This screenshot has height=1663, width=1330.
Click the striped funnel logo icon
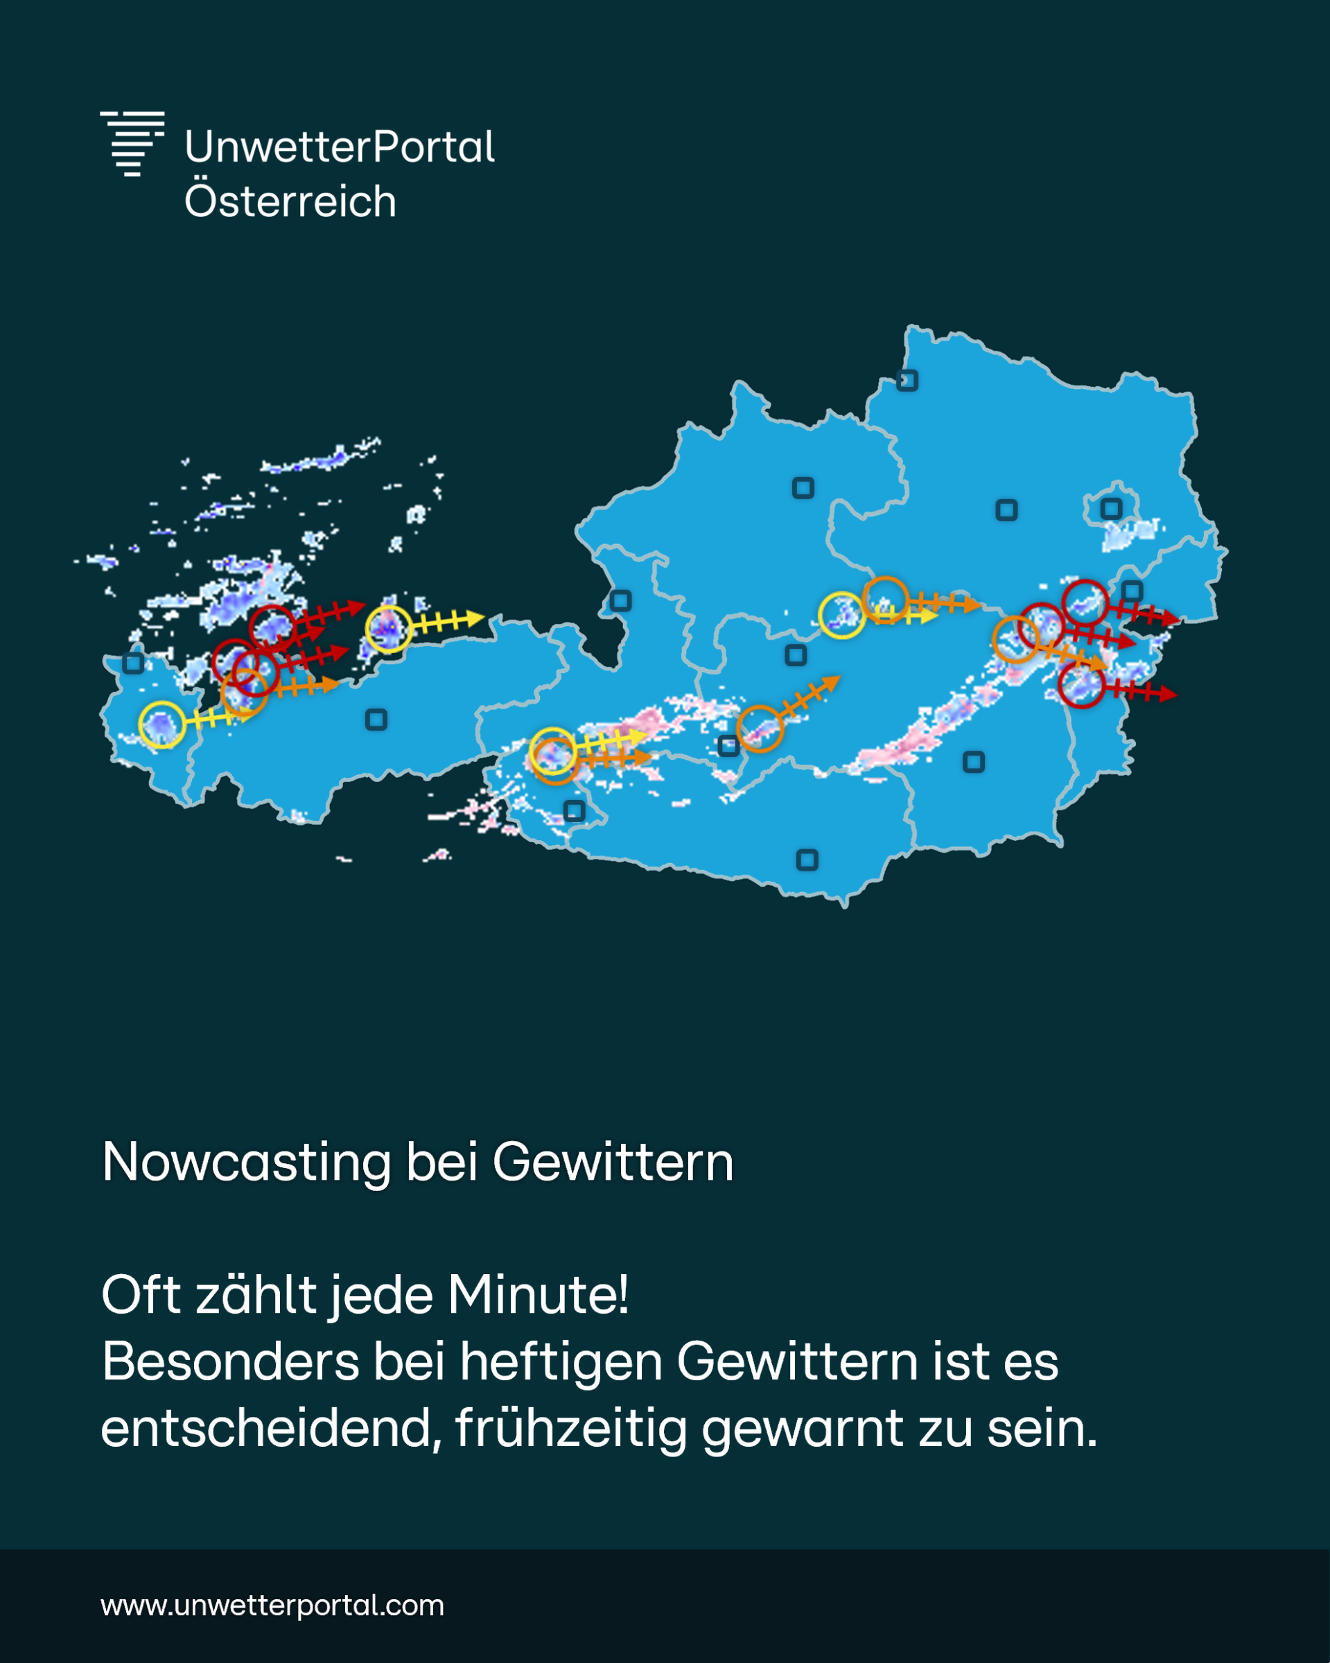click(132, 143)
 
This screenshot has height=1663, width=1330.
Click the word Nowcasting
click(246, 1163)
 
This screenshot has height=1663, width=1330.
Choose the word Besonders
click(231, 1361)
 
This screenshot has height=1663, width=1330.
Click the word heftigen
click(561, 1361)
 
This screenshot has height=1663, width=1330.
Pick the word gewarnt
click(802, 1429)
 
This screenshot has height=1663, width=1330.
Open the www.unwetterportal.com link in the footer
click(272, 1605)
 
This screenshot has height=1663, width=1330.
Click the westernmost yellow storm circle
click(161, 724)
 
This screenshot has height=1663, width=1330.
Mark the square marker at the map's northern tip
click(907, 381)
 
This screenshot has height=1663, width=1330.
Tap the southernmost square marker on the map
click(807, 860)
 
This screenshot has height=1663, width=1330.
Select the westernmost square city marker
click(133, 663)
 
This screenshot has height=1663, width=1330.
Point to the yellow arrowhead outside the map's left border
click(477, 618)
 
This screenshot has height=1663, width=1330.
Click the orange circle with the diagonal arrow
click(760, 728)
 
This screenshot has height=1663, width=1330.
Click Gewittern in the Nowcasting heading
click(613, 1163)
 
